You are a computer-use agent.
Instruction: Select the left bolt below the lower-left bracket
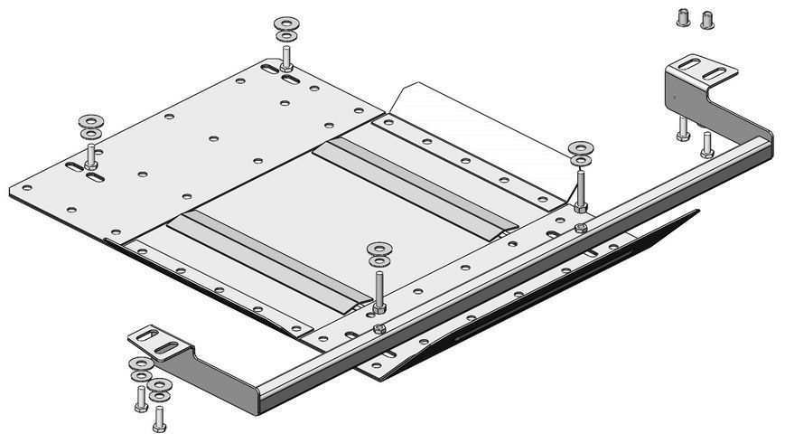[141, 398]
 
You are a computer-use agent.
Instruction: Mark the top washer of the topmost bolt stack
[285, 22]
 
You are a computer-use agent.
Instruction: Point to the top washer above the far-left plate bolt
[89, 120]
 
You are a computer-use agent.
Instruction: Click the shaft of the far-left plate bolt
[92, 154]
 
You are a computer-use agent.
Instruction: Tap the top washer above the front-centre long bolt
[379, 248]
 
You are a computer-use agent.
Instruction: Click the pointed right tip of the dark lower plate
[698, 212]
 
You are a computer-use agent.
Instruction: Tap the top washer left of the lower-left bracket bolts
[139, 363]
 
